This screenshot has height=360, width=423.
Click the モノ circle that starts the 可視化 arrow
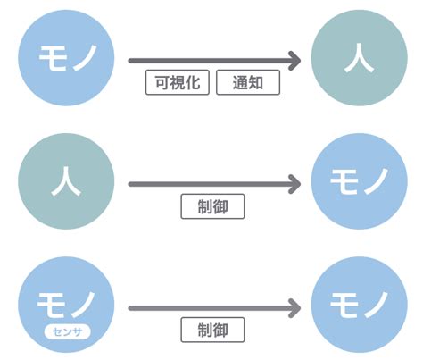65,59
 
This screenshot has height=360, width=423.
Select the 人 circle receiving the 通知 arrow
358,59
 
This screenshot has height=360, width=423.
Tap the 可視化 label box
178,83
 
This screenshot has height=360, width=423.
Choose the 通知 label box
249,83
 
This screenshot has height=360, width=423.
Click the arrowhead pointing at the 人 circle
296,61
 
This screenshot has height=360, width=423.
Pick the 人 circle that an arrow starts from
65,184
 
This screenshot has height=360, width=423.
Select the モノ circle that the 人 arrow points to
358,184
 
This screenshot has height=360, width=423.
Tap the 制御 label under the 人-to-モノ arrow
212,206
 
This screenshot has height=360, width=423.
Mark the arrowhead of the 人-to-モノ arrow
296,185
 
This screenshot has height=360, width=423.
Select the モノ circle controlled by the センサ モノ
358,307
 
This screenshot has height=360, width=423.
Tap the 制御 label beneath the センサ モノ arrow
212,331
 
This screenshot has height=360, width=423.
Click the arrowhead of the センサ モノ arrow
296,308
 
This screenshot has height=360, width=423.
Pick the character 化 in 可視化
195,83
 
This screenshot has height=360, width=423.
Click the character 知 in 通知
258,83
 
